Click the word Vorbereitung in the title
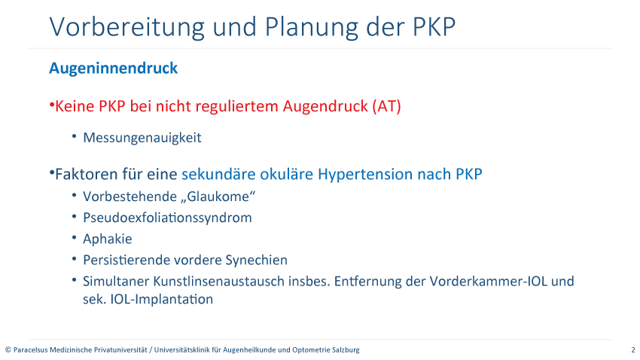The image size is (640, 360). coord(127,28)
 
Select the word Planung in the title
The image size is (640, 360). coord(311,28)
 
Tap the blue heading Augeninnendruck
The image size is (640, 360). coord(114,69)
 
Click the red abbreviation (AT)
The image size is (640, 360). coord(386,106)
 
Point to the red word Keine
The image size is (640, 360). coord(75,106)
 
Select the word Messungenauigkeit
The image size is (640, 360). coord(142,138)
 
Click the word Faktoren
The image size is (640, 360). coord(84,174)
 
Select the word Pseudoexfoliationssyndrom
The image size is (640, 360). coord(167,218)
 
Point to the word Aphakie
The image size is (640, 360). coord(108,239)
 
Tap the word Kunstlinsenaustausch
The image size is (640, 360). coord(242,281)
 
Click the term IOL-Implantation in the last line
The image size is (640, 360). coord(162,299)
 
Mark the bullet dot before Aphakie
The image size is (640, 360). coord(74,237)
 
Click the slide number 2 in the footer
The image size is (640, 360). coord(633,349)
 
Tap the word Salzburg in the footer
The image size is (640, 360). coord(346,349)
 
